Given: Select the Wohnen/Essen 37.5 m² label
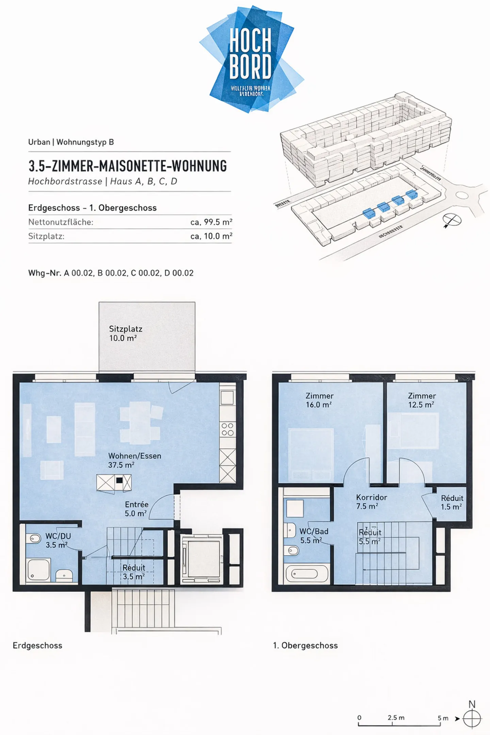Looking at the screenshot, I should [134, 460].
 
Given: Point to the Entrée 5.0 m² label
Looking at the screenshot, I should [136, 509].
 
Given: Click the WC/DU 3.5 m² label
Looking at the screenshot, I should [58, 540].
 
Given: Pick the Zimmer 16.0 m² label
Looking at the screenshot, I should [319, 400].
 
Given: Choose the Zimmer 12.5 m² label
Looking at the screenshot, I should [421, 400].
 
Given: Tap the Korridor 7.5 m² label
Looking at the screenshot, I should [371, 502].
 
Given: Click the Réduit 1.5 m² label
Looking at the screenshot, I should [452, 502].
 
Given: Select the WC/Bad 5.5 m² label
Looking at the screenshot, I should [313, 536].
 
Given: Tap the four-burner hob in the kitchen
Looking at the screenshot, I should [228, 429].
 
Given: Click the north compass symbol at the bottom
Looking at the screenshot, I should [472, 719].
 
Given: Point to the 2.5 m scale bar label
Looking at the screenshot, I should [396, 717].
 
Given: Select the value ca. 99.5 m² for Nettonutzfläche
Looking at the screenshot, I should [211, 222].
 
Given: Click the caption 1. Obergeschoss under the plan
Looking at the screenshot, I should [305, 646].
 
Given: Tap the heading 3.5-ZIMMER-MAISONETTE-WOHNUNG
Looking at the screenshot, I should [128, 166].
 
